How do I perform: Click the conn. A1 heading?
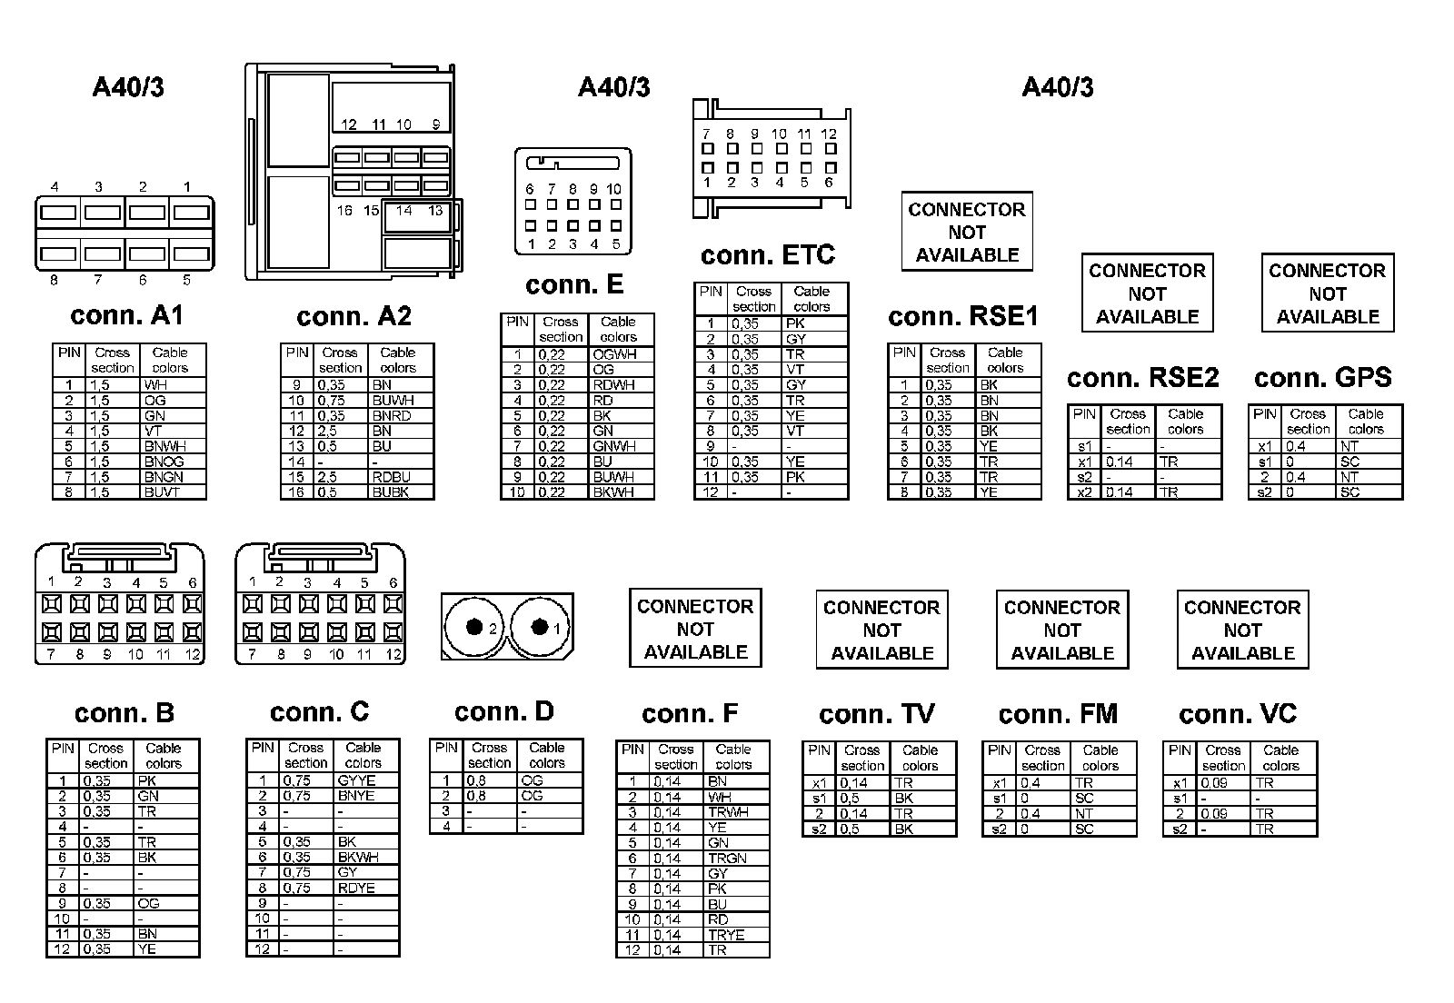[x=126, y=315]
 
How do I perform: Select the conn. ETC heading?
[x=768, y=255]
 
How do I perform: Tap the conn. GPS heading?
[x=1323, y=377]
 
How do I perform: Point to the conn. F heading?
[x=690, y=714]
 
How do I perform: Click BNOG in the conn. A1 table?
[x=164, y=462]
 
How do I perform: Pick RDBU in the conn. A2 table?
[x=391, y=477]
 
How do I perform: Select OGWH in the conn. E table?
[x=614, y=354]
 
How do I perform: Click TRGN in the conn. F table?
[x=727, y=858]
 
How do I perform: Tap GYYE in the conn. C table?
[x=356, y=780]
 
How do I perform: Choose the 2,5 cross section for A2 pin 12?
[x=328, y=431]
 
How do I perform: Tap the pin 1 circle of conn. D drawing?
[x=540, y=627]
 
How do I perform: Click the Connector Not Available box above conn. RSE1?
[x=967, y=232]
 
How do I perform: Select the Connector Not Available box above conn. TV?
[x=881, y=630]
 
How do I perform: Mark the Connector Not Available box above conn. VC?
[x=1242, y=630]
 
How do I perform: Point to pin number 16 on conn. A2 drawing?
[x=344, y=211]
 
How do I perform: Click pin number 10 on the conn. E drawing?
[x=614, y=189]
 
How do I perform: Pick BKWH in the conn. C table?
[x=358, y=857]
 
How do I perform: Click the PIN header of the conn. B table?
[x=63, y=749]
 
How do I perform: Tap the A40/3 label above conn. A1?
[x=128, y=87]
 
